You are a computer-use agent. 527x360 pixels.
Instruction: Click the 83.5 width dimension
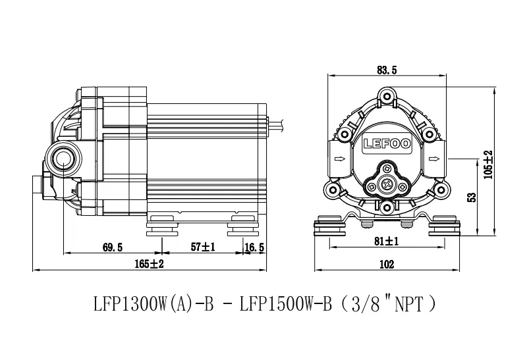click(x=387, y=70)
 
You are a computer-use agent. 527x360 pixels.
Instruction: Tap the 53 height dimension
click(x=472, y=197)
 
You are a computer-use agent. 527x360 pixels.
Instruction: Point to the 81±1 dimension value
click(x=387, y=241)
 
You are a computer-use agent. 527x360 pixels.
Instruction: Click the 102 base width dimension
click(x=387, y=265)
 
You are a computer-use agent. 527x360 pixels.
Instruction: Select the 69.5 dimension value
click(x=113, y=247)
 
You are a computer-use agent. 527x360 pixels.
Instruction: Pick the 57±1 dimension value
click(x=203, y=247)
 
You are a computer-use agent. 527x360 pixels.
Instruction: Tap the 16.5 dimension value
click(x=254, y=247)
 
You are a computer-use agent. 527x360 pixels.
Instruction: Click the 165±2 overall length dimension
click(x=150, y=264)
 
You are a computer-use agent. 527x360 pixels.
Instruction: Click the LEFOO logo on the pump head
click(x=387, y=143)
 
